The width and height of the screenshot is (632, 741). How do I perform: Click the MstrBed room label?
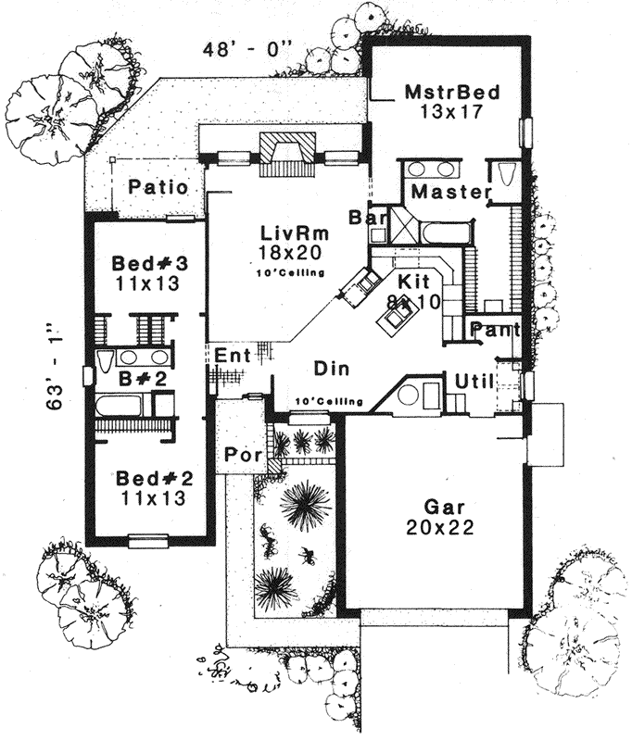tap(452, 93)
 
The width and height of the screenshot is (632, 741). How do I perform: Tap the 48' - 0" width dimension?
tap(241, 50)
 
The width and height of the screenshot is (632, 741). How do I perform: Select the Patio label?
tap(158, 187)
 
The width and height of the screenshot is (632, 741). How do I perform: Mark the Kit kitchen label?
tap(411, 280)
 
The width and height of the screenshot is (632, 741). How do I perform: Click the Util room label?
tap(474, 379)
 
